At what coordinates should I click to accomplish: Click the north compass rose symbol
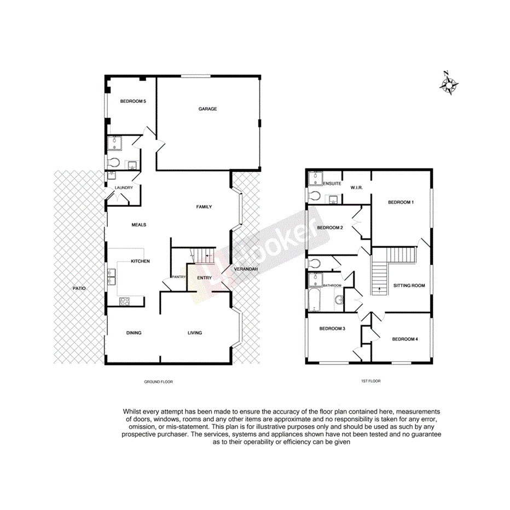click(450, 84)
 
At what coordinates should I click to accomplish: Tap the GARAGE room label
click(207, 109)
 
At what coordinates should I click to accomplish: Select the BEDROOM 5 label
click(133, 101)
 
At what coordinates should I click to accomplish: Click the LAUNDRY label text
click(124, 188)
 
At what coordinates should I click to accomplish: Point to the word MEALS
click(139, 224)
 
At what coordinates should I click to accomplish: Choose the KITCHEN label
click(140, 261)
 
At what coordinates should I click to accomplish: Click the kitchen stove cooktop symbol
click(124, 300)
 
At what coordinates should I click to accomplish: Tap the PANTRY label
click(179, 277)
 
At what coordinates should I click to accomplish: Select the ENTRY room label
click(204, 278)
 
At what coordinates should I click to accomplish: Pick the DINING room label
click(134, 333)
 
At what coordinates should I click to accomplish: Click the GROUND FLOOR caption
click(159, 382)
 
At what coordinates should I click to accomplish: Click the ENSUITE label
click(332, 184)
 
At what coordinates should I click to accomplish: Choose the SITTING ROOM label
click(409, 286)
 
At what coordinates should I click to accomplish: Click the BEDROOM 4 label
click(405, 339)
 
